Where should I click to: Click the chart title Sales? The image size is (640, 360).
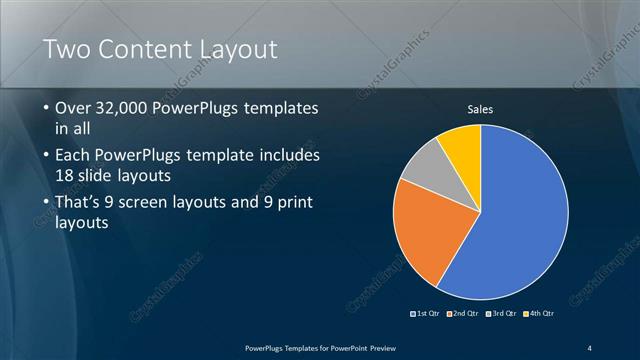click(481, 108)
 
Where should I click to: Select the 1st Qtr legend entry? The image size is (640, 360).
click(426, 313)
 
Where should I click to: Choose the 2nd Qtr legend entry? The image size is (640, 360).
click(462, 313)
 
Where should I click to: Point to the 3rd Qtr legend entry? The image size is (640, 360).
click(499, 313)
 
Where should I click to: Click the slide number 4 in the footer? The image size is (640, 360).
click(590, 347)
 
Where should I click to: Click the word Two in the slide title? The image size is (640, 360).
click(67, 49)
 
